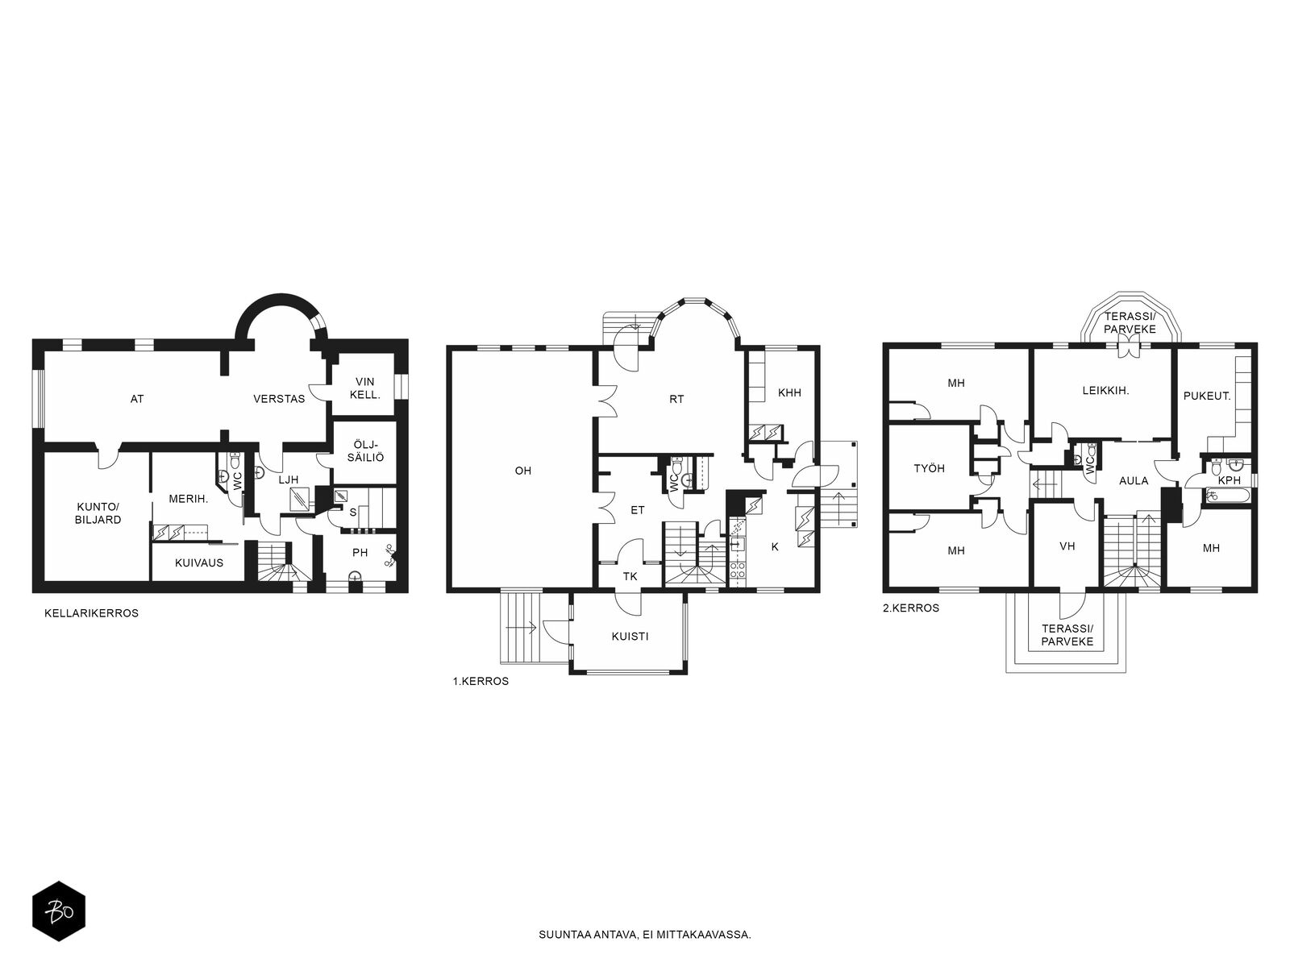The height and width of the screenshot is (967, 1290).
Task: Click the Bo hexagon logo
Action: (59, 911)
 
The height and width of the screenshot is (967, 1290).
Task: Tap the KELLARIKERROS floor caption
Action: (92, 613)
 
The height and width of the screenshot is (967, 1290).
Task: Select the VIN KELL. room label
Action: (365, 388)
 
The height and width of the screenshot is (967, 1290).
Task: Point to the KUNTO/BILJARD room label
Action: (98, 513)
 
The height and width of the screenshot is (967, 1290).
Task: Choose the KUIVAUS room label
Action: (199, 562)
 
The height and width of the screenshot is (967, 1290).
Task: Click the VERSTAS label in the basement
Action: (279, 399)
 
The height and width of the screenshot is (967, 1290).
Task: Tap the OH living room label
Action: (523, 471)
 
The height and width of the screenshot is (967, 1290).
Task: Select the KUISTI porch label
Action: (630, 636)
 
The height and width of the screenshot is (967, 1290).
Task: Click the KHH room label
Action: (789, 392)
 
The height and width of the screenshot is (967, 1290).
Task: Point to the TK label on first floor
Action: (630, 576)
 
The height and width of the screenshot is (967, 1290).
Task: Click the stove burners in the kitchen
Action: (737, 570)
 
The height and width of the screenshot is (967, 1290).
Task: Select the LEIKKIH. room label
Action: (1106, 390)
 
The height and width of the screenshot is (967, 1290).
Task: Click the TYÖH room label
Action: (929, 468)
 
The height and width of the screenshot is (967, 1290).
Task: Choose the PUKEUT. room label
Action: (1207, 396)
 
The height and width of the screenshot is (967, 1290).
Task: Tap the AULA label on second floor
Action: (1134, 480)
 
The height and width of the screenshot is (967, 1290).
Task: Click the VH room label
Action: (1067, 546)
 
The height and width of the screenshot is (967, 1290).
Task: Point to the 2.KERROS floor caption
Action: (911, 608)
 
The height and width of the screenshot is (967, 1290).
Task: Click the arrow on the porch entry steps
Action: (522, 629)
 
